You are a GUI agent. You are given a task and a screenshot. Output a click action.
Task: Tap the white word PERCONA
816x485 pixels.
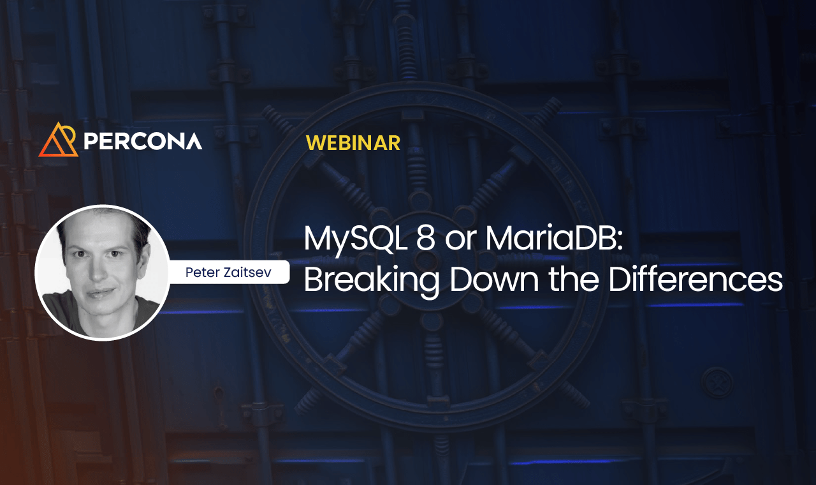143,141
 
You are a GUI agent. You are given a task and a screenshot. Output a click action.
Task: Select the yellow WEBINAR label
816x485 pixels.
353,143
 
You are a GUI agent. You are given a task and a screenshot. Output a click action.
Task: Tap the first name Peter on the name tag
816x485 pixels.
201,272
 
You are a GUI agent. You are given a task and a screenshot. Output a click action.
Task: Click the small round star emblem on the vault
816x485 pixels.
717,383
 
